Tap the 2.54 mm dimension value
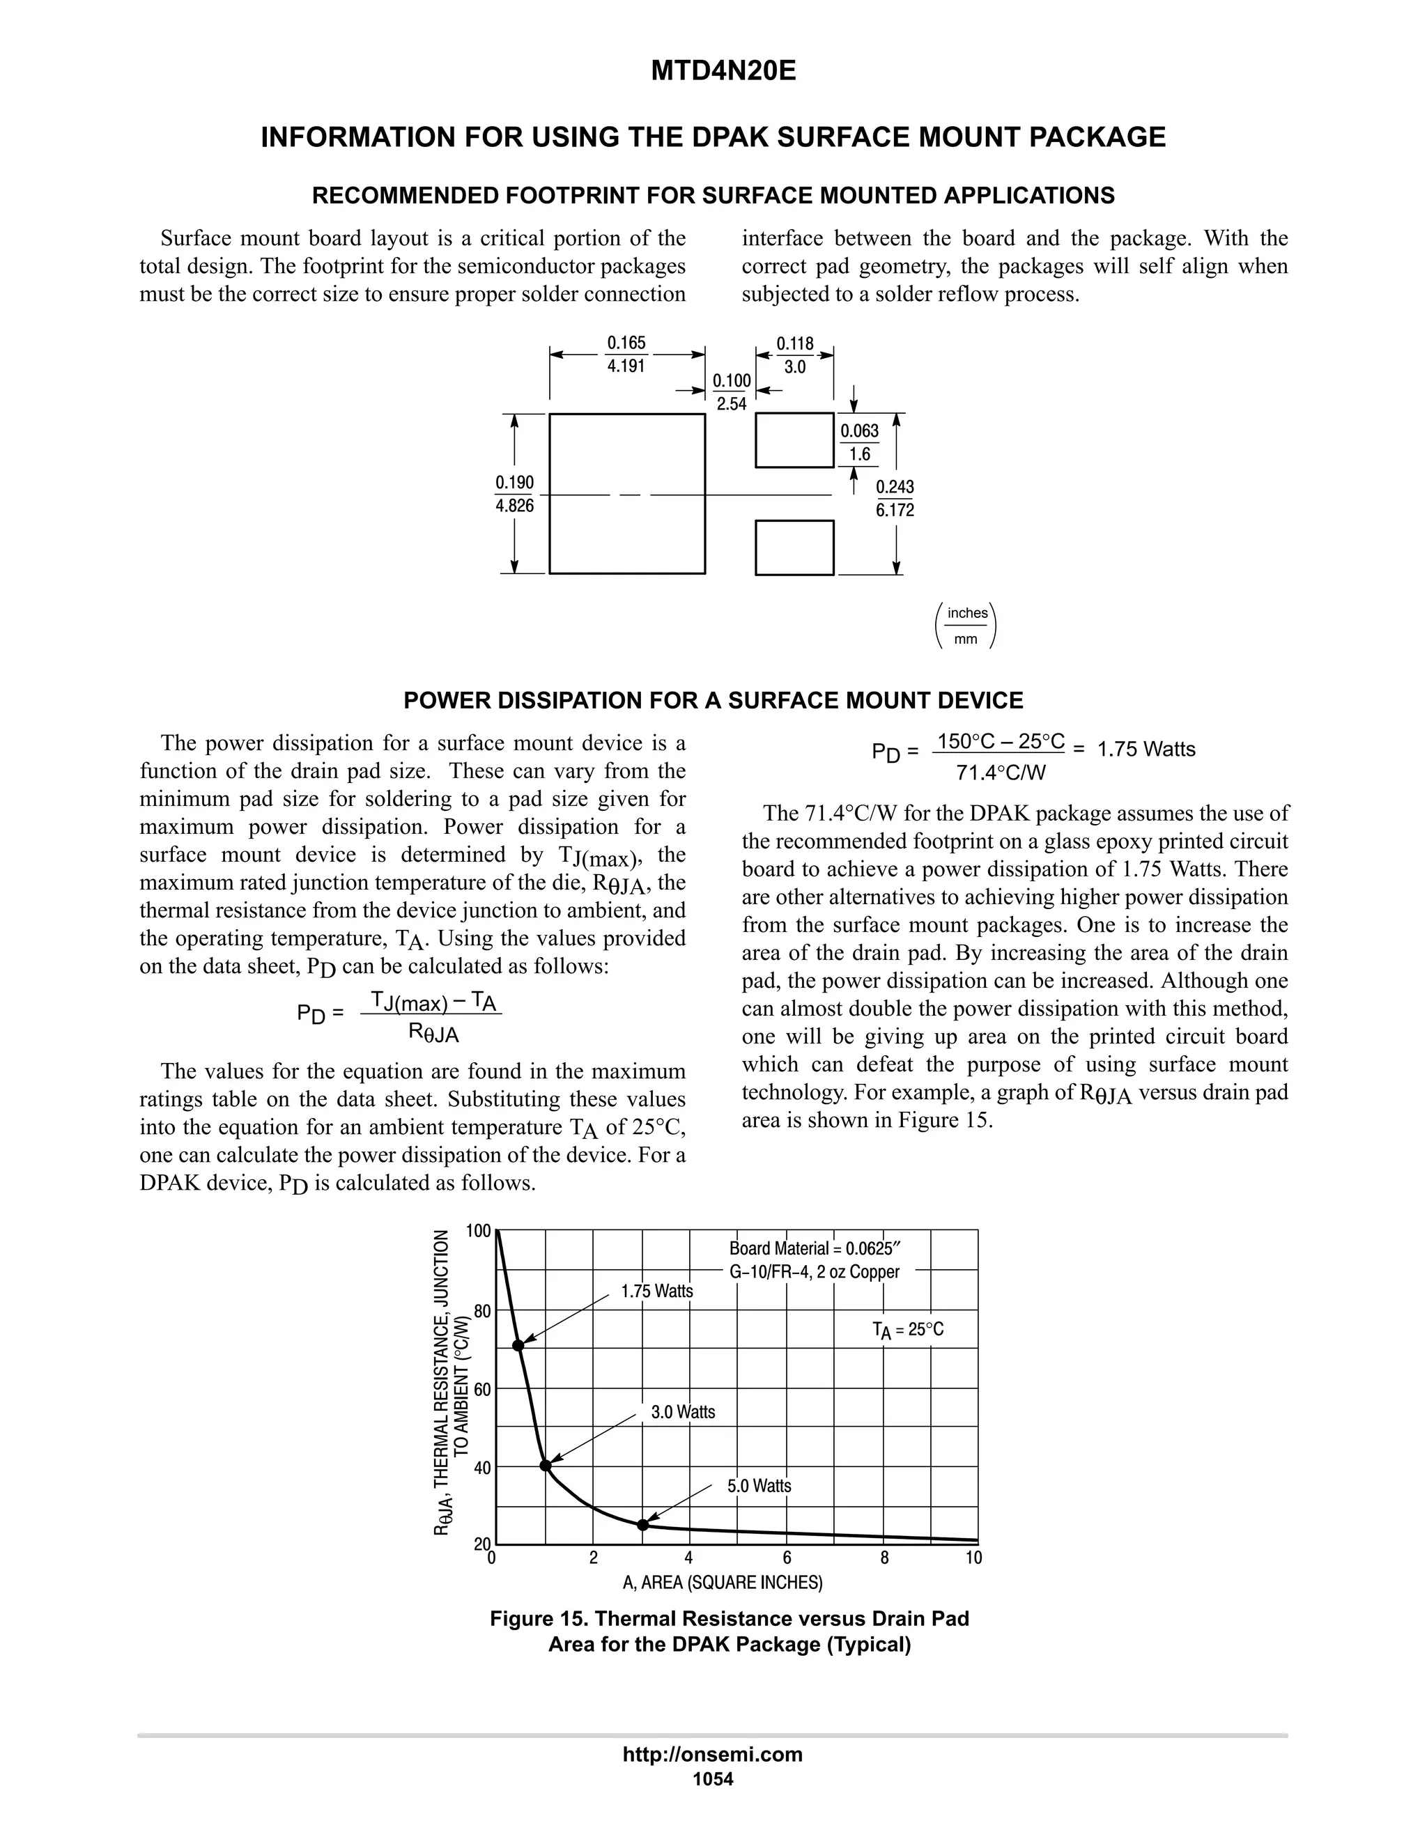pos(731,404)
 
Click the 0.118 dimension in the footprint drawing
pos(794,344)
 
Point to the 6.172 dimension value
pos(895,511)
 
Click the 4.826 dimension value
pos(514,506)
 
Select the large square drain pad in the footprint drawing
pos(626,494)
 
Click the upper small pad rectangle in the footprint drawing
pos(794,440)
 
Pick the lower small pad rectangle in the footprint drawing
pos(794,548)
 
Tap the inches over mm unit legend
pos(967,626)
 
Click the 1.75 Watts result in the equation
pos(1146,750)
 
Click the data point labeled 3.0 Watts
pos(546,1466)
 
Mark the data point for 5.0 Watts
pos(642,1525)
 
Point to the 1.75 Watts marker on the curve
pos(518,1346)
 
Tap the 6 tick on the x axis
pos(787,1558)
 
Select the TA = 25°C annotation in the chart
pos(907,1331)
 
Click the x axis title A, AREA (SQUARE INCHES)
pos(722,1582)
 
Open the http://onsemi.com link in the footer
pos(712,1755)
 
